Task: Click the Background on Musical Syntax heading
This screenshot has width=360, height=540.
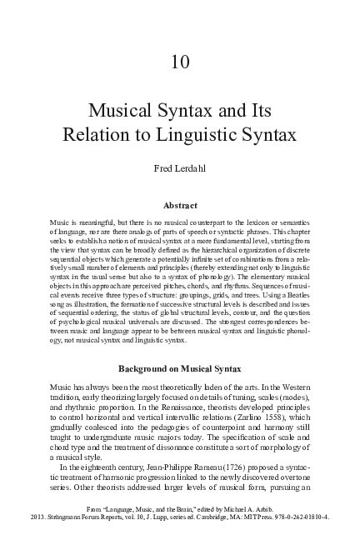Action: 180,368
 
